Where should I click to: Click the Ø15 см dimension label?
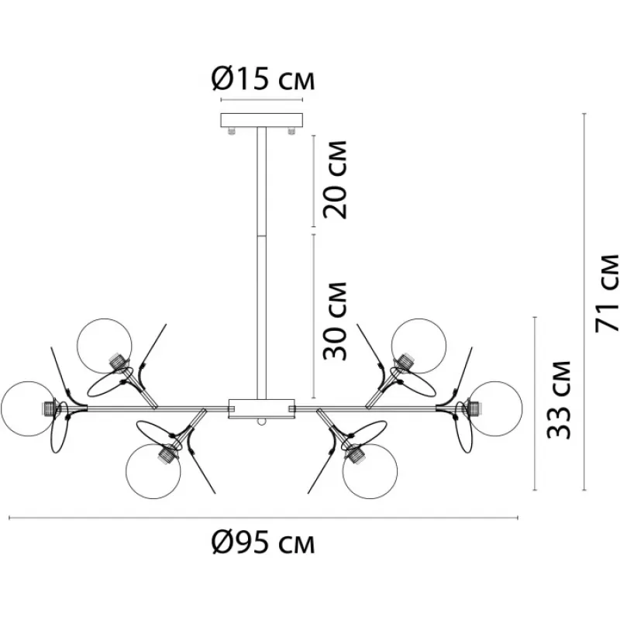[263, 79]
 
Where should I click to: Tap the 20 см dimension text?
[335, 180]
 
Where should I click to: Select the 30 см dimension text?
[335, 321]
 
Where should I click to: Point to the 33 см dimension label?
[559, 400]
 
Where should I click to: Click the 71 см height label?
[607, 293]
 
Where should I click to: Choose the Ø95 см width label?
[263, 542]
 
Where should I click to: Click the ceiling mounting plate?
[262, 120]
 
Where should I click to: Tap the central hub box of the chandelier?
[262, 409]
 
